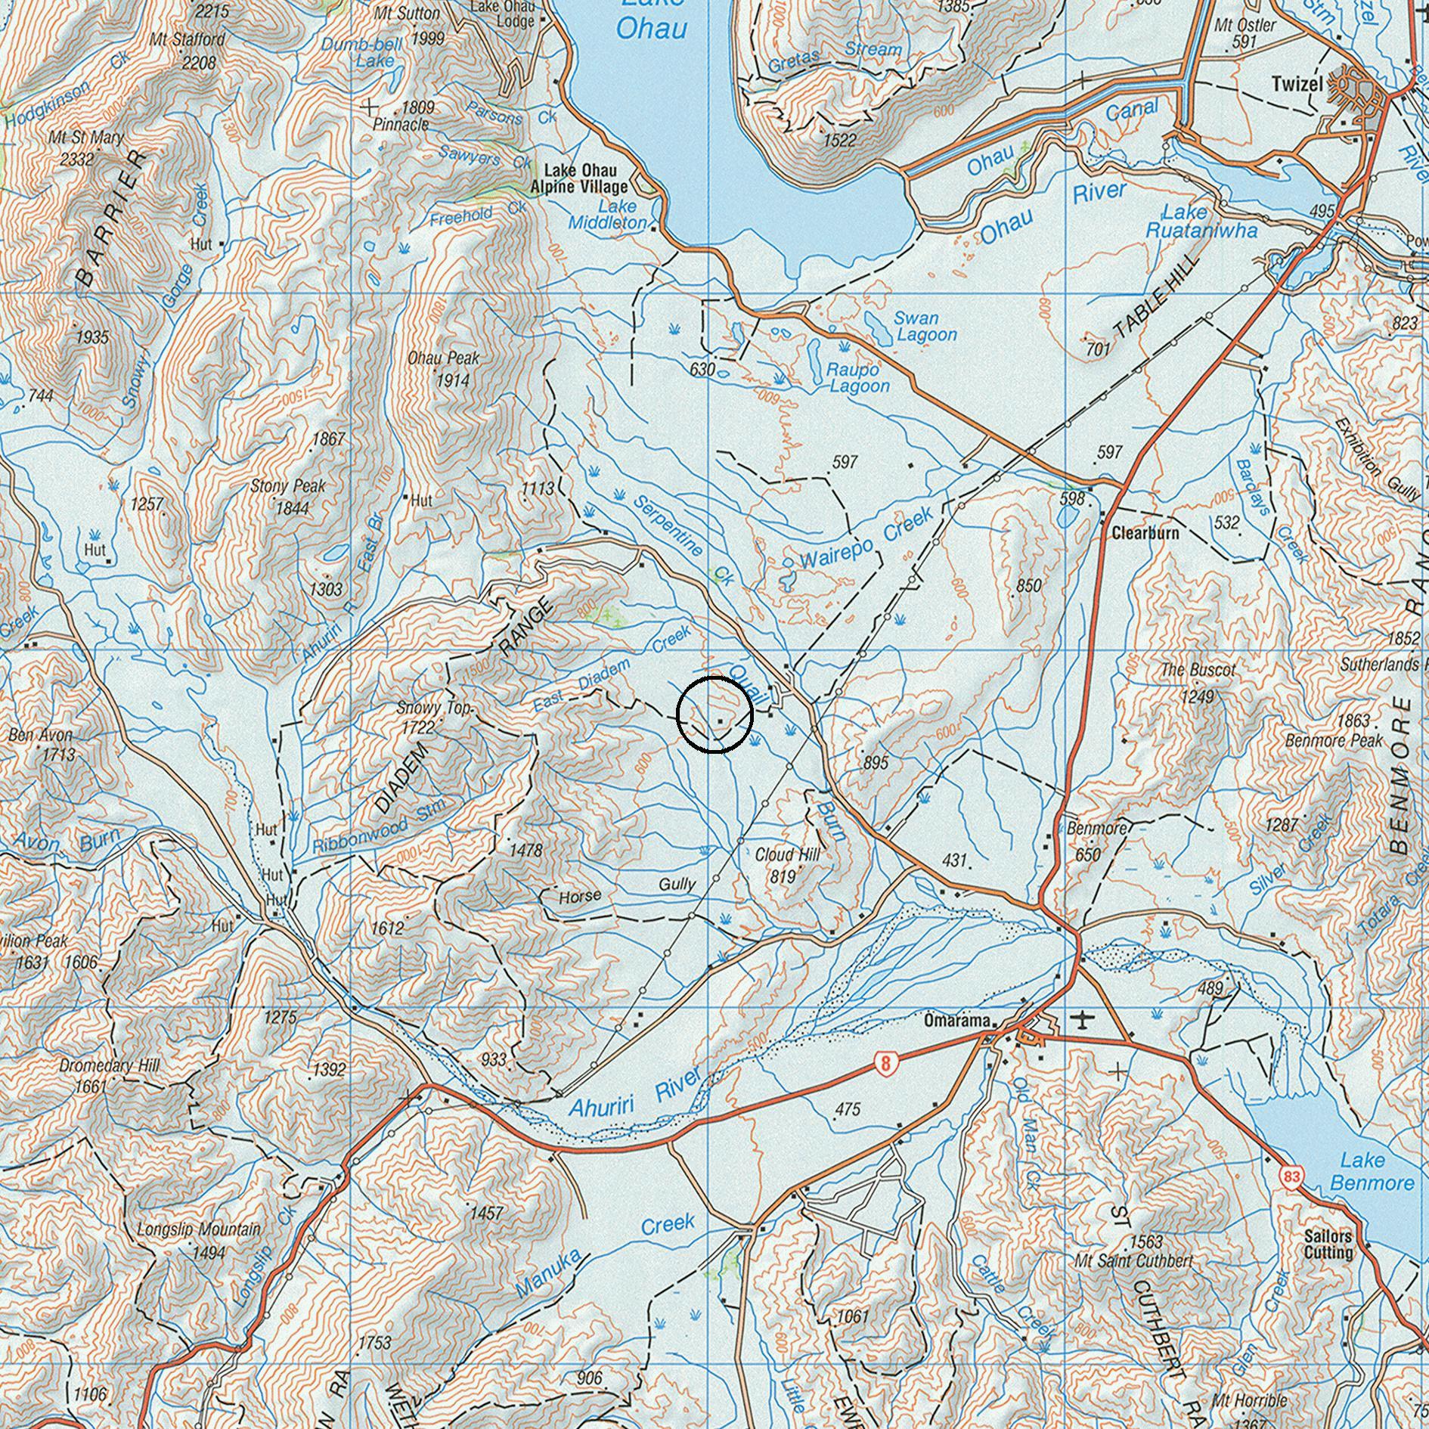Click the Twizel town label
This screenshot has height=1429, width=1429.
(x=1297, y=84)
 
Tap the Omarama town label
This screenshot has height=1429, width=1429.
(x=956, y=1021)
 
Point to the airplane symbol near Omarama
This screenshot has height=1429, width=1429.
(x=1084, y=1021)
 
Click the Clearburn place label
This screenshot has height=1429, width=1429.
(x=1145, y=533)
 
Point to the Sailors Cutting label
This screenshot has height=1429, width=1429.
(x=1328, y=1245)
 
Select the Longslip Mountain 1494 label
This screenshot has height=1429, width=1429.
(x=199, y=1241)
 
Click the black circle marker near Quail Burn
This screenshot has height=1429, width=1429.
(x=714, y=714)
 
